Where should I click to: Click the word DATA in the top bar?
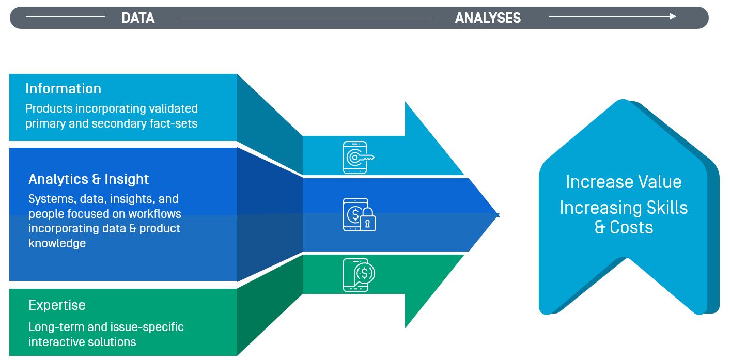click(138, 18)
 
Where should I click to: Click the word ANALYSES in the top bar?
click(488, 18)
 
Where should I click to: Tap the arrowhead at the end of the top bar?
click(673, 17)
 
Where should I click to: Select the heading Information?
click(64, 89)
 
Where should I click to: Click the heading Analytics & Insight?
click(88, 179)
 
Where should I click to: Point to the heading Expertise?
click(57, 305)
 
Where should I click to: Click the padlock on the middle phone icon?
click(368, 220)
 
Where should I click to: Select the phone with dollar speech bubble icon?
click(359, 275)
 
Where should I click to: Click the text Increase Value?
click(624, 182)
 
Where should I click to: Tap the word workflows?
click(154, 214)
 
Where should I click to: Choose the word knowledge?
click(57, 243)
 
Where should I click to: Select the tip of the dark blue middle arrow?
click(499, 215)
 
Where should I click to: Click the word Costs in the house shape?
click(631, 227)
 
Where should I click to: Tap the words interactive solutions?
click(82, 342)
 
